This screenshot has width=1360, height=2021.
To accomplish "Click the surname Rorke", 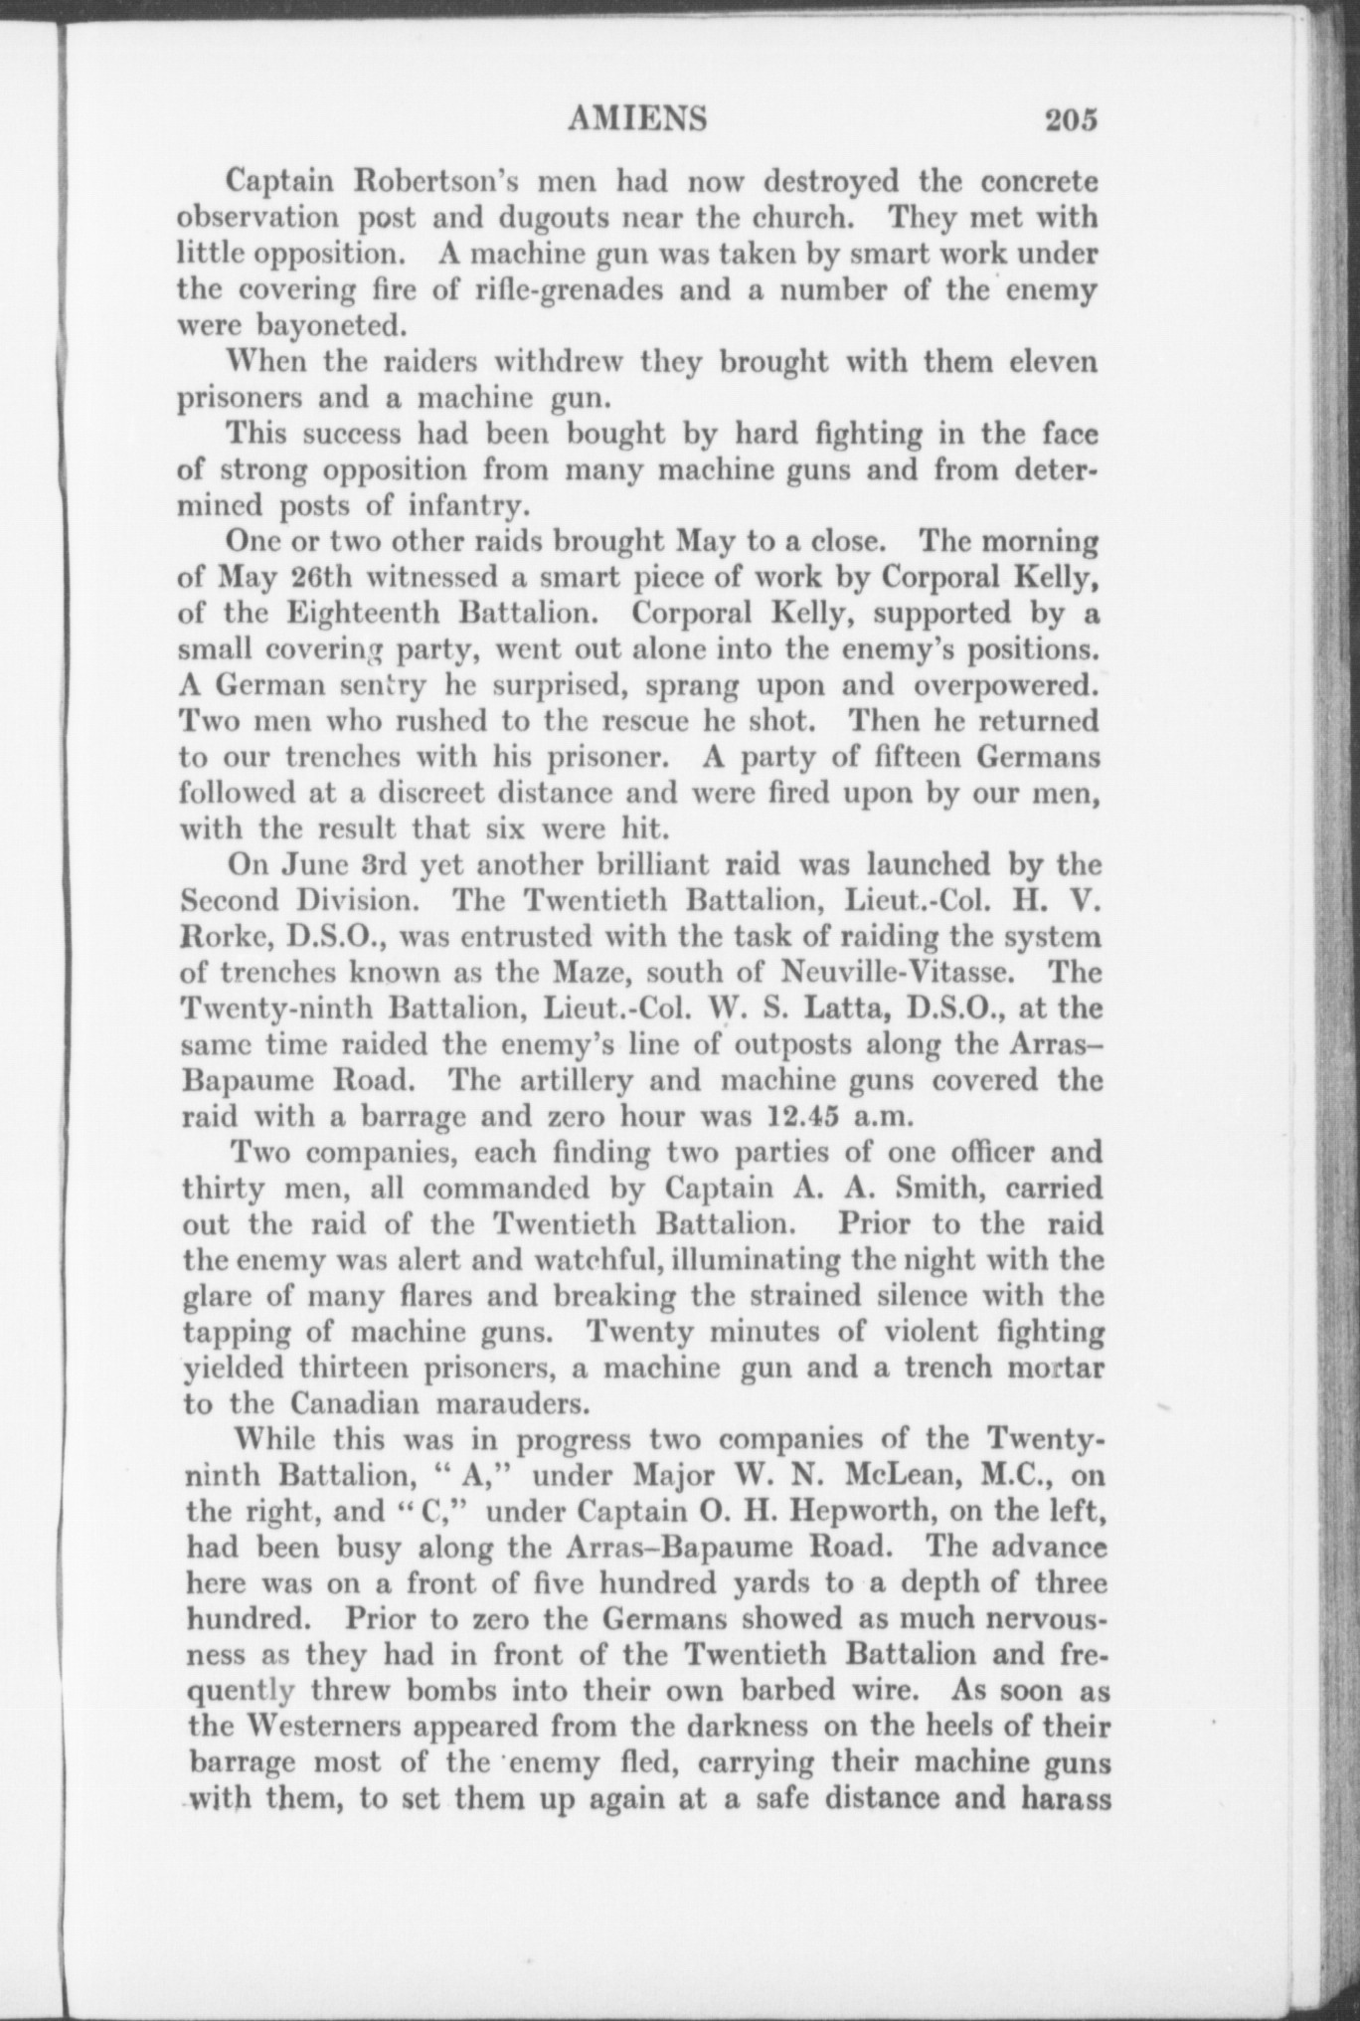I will (222, 937).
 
